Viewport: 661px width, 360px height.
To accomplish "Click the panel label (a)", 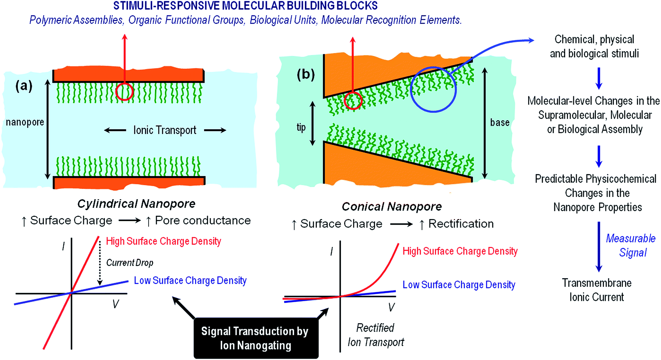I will [x=24, y=85].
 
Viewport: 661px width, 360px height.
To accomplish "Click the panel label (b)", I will [x=306, y=74].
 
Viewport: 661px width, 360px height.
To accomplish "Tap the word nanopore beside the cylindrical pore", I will [x=25, y=122].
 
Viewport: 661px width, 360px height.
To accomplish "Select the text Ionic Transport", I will [x=165, y=130].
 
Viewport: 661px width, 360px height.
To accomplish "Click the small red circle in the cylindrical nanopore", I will [x=125, y=92].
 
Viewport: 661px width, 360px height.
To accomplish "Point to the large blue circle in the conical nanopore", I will [x=433, y=89].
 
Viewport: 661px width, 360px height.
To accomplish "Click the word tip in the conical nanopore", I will [x=301, y=127].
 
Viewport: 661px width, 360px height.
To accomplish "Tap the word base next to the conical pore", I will [x=499, y=122].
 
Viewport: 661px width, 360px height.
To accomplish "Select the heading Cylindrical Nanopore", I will [x=136, y=204].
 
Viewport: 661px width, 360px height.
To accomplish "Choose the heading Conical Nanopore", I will [x=392, y=206].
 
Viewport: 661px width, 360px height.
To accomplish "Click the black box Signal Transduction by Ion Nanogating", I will [x=256, y=338].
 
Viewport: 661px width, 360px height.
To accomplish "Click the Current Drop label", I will [x=130, y=263].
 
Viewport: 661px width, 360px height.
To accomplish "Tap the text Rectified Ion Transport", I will [x=376, y=335].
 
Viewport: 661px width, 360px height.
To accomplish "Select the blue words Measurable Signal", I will [x=632, y=245].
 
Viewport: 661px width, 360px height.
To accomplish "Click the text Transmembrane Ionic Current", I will [x=597, y=290].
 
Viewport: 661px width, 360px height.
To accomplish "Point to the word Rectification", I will [x=461, y=224].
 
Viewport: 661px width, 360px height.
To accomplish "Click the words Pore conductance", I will [x=202, y=220].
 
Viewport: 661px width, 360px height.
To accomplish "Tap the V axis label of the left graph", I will [x=115, y=304].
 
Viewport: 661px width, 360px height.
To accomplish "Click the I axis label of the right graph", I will [x=332, y=251].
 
